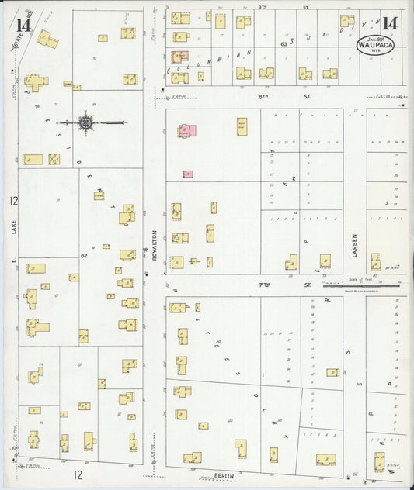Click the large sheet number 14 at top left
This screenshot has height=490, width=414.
tap(22, 24)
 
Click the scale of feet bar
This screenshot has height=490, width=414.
tap(362, 285)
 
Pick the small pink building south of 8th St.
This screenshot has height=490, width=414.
tap(188, 174)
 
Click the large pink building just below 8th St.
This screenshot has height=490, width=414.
tap(188, 132)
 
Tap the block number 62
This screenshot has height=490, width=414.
tap(83, 254)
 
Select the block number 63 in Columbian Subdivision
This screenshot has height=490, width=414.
tap(284, 45)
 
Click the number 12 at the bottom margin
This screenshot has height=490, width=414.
tap(78, 473)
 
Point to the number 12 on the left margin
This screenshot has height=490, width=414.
tap(13, 201)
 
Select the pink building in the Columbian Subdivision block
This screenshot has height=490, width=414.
tap(179, 57)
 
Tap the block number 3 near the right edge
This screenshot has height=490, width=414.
tap(387, 203)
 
